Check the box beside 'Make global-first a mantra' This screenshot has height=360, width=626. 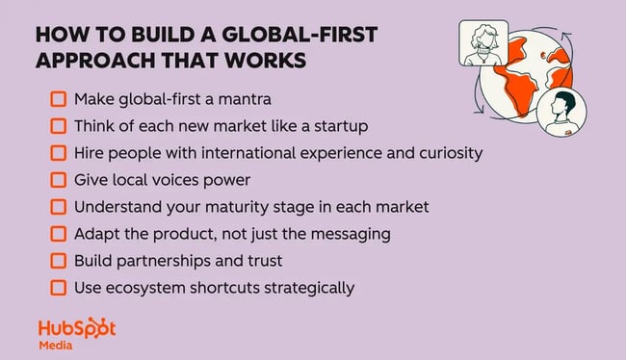pos(58,99)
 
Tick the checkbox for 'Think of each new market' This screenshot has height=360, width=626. pos(58,126)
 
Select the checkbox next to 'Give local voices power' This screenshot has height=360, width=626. pos(58,180)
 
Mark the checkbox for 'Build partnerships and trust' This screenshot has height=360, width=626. pos(58,260)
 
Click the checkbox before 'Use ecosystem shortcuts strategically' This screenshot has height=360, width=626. pos(58,287)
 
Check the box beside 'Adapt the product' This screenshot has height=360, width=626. pos(58,233)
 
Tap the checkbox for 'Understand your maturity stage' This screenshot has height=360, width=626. pos(58,206)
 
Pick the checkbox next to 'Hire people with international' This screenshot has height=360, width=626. pos(58,153)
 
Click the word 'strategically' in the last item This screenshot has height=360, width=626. pos(309,287)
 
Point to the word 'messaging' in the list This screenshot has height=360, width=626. pos(307,233)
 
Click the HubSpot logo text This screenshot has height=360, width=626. pos(76,327)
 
